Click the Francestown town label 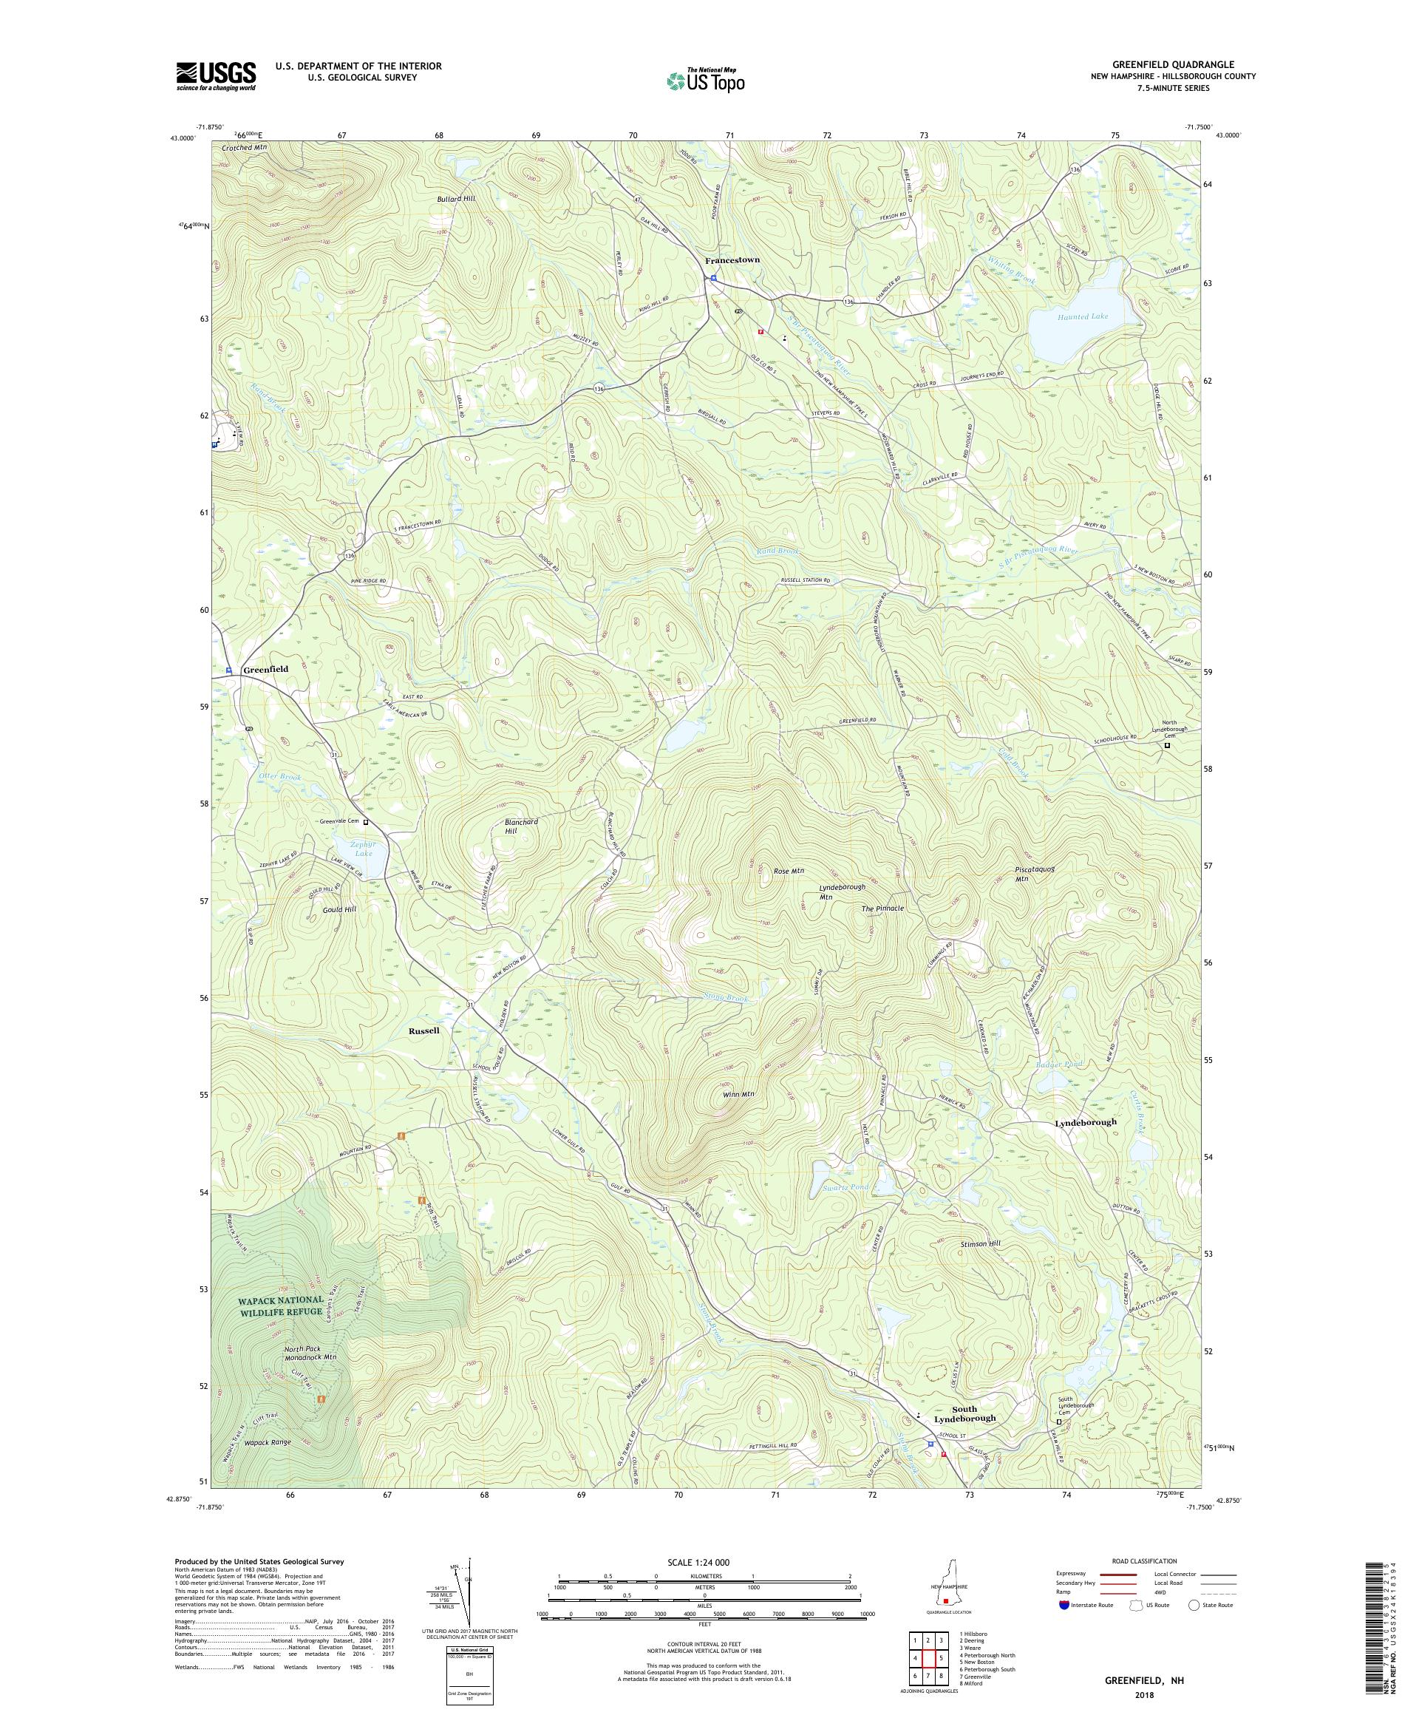pos(732,259)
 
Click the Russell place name pos(423,1030)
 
